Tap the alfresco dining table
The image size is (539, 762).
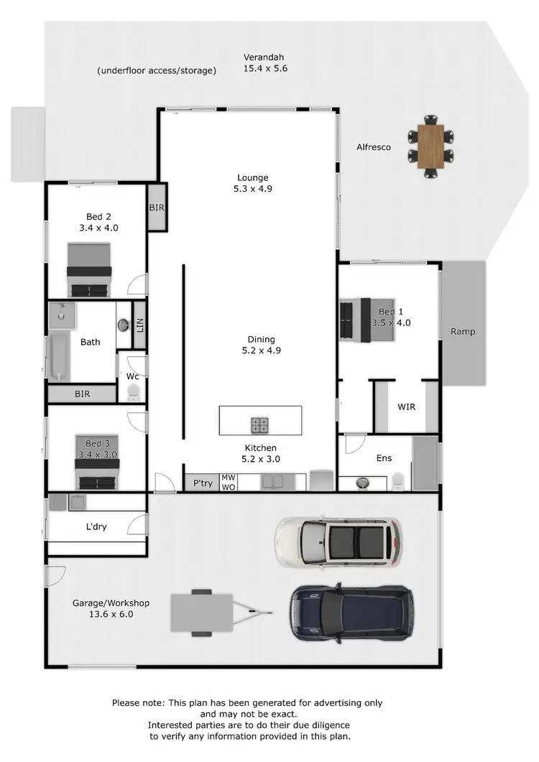click(x=431, y=146)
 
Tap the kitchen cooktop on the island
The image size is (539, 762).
click(x=260, y=425)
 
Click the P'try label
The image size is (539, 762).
click(x=203, y=483)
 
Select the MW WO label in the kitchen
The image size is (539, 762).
click(x=228, y=482)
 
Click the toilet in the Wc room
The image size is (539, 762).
click(x=133, y=392)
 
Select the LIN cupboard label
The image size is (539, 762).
click(x=139, y=327)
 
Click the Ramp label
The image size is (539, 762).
click(x=463, y=332)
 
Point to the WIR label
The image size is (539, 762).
click(x=406, y=406)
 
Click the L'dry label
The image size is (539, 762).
click(x=96, y=527)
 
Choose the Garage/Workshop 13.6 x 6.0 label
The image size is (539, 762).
click(x=103, y=609)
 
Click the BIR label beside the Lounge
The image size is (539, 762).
click(x=157, y=207)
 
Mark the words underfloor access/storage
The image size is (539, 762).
click(x=157, y=70)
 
